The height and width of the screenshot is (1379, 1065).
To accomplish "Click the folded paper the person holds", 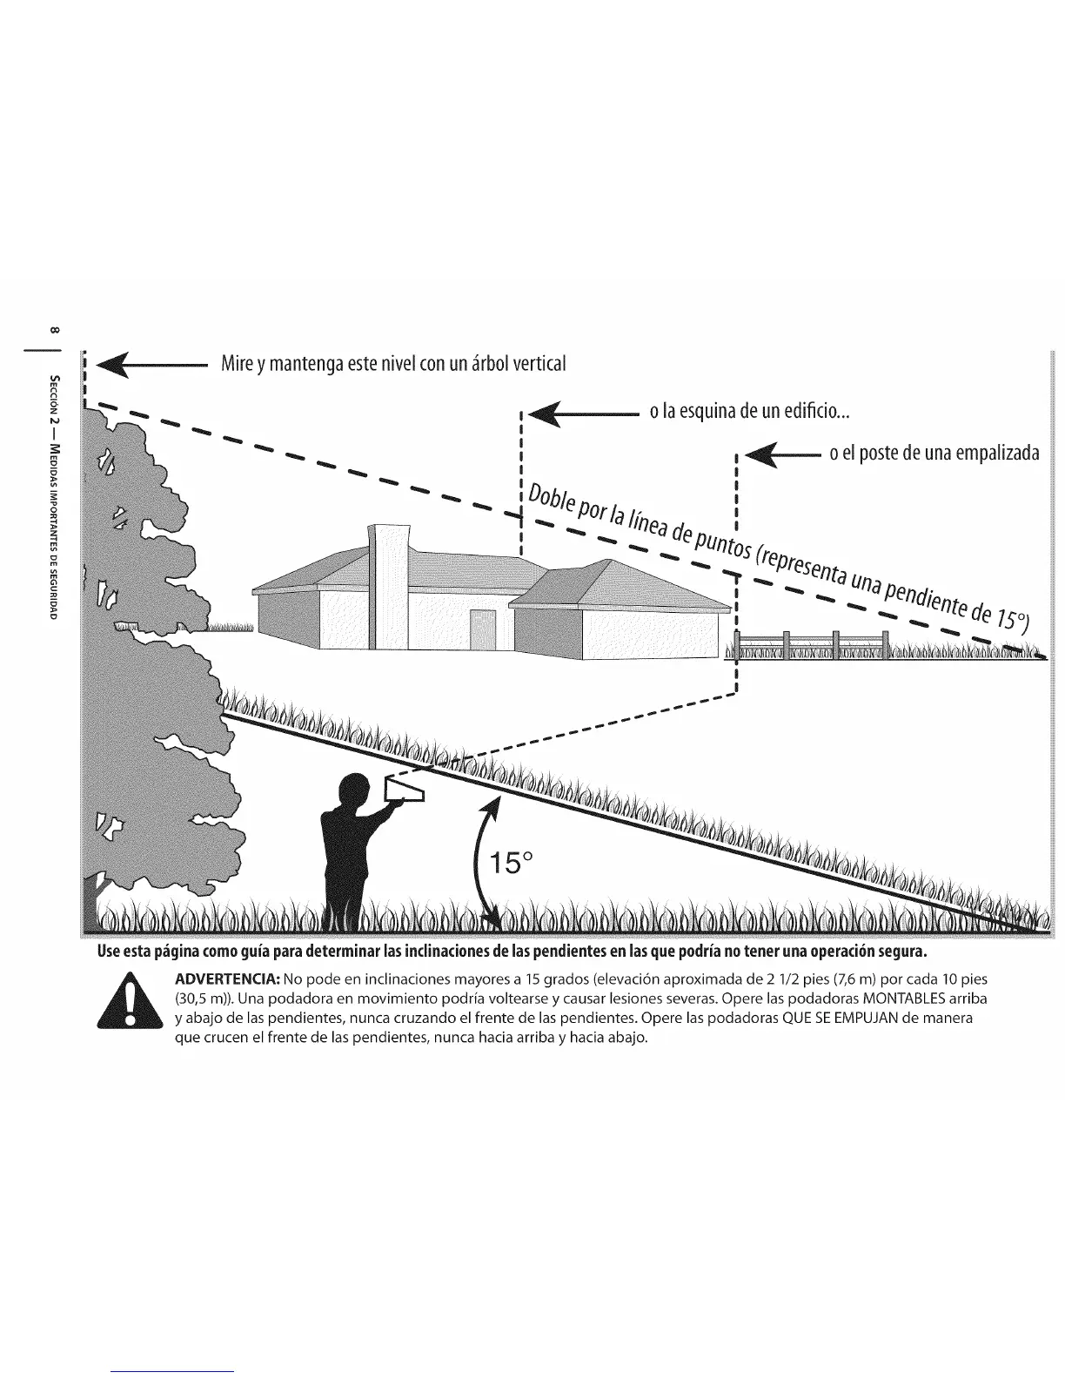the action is pyautogui.click(x=405, y=790).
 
